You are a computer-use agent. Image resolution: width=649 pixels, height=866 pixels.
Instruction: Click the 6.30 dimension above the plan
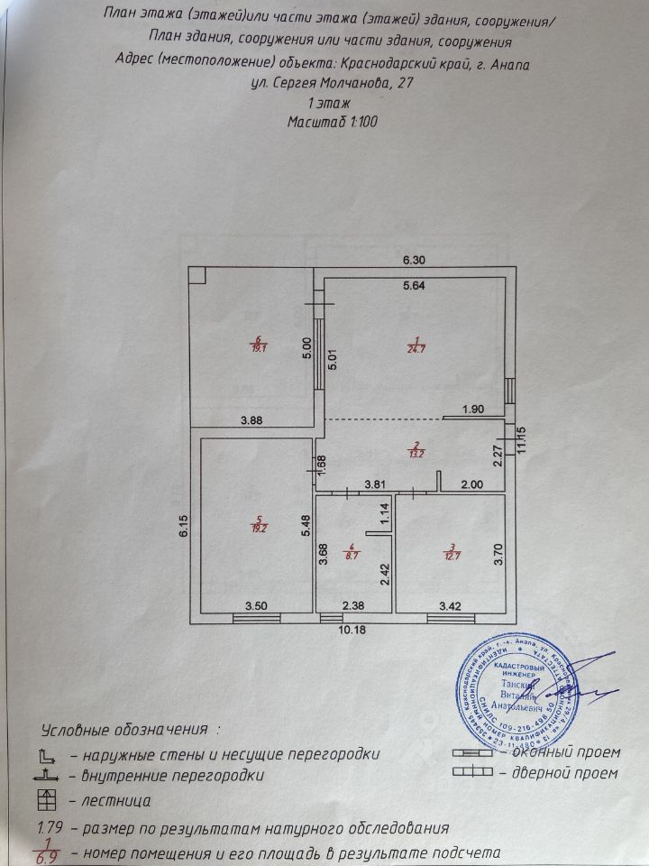[413, 260]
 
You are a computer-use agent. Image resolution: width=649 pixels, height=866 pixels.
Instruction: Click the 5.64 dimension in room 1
[414, 287]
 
